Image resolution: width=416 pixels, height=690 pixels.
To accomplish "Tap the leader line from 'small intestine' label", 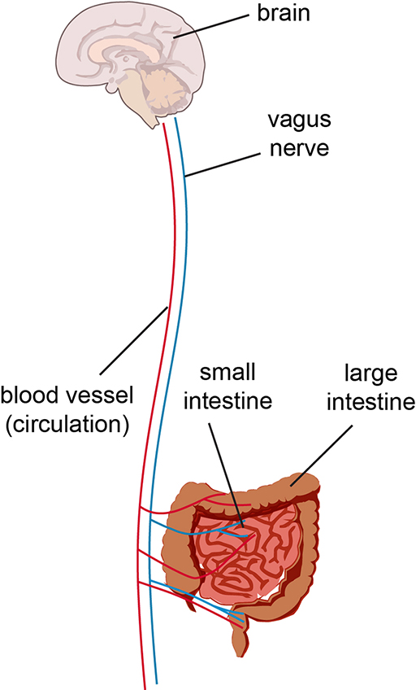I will click(x=228, y=472).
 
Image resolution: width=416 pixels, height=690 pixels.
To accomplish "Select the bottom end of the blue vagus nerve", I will click(x=155, y=682).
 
